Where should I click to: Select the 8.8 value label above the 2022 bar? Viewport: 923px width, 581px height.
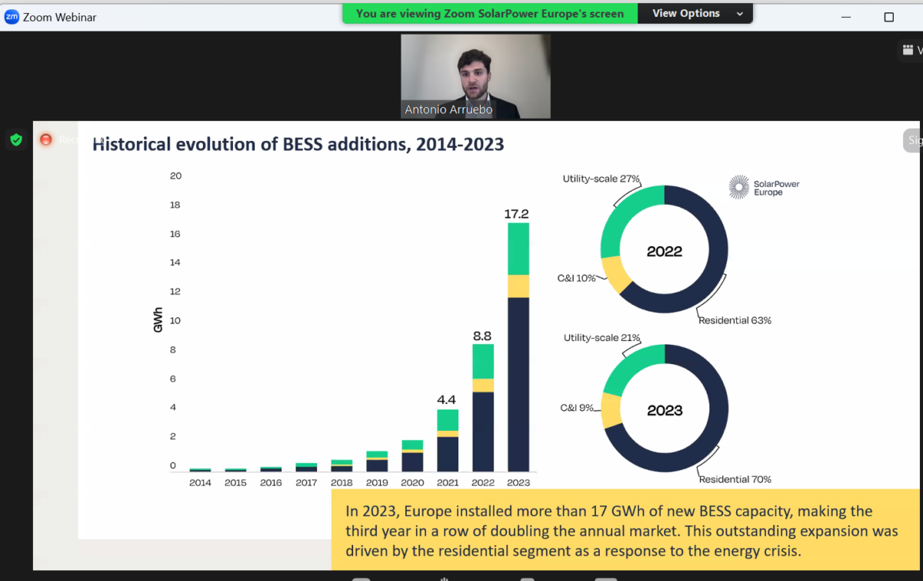pos(483,336)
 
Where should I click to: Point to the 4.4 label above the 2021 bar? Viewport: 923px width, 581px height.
pos(447,399)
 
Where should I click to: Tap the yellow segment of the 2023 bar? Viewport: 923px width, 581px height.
pos(518,285)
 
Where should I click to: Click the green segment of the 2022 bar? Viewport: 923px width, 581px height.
pos(483,361)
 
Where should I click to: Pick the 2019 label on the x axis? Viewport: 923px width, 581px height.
pos(377,482)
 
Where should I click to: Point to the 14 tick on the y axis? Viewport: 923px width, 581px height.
pos(176,262)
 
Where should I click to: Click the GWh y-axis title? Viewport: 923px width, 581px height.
pos(158,320)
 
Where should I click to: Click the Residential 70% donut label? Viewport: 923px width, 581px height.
pos(735,479)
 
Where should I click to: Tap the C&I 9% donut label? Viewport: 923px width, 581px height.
pos(577,408)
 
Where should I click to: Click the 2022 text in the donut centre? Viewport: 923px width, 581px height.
pos(665,252)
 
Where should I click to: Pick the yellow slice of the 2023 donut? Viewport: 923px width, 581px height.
pos(611,409)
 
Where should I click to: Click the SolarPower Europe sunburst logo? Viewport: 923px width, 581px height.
pos(739,187)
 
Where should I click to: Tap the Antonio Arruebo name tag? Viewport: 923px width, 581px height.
pos(448,110)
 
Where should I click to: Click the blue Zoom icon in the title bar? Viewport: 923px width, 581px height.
pos(12,17)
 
